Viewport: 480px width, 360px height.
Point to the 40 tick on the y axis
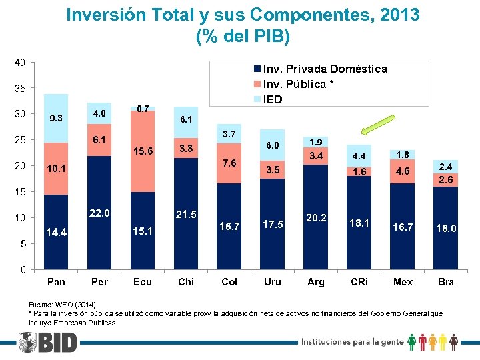click(x=20, y=63)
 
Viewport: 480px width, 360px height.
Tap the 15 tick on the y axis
click(x=20, y=192)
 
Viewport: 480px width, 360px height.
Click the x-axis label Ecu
click(x=143, y=282)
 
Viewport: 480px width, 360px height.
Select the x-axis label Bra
click(x=446, y=282)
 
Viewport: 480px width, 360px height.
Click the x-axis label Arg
click(x=316, y=282)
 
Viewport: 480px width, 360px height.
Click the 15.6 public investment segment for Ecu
click(x=143, y=151)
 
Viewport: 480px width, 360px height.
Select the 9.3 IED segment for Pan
click(x=56, y=119)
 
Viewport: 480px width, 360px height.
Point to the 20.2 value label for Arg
click(x=316, y=217)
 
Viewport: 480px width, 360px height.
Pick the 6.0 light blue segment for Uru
click(x=273, y=145)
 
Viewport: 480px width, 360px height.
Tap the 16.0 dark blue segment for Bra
click(x=446, y=228)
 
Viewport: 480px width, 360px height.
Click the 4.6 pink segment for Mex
click(x=403, y=171)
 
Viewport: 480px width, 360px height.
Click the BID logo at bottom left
click(x=48, y=343)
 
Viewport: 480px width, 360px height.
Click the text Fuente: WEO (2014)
click(x=61, y=303)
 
